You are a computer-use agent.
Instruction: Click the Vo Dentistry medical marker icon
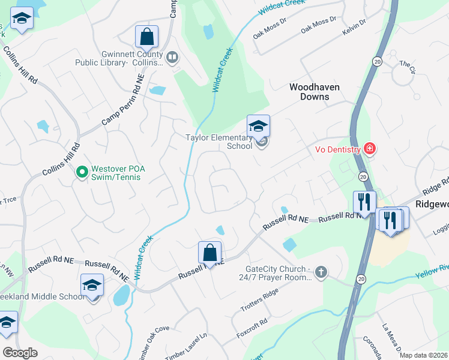[369, 149]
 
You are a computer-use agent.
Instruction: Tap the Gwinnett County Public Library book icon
[172, 58]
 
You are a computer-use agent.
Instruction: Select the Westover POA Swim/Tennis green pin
[83, 173]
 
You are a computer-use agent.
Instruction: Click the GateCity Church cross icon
[321, 273]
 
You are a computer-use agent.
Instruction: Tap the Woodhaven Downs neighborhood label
[314, 92]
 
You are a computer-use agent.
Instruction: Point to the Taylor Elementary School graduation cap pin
[258, 127]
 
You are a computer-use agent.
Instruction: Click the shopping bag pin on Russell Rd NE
[209, 253]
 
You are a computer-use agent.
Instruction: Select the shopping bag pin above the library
[146, 37]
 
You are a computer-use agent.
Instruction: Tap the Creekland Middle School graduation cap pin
[92, 285]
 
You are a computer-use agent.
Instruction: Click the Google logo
[20, 353]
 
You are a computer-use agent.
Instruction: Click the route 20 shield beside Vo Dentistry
[363, 176]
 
